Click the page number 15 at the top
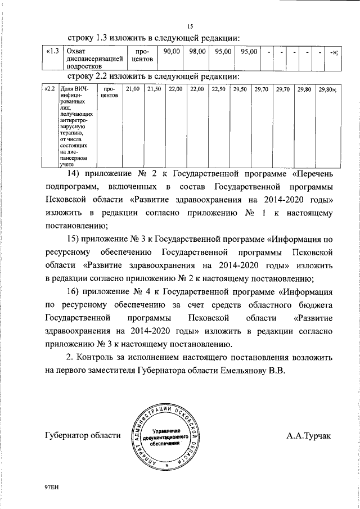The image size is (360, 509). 190,26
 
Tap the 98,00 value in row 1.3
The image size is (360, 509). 197,52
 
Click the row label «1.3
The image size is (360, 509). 52,52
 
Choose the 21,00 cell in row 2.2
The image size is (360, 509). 133,89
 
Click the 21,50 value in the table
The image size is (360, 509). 154,89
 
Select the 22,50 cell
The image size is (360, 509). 218,89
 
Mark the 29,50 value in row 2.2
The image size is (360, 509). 240,89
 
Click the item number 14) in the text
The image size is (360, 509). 75,173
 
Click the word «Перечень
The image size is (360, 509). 313,173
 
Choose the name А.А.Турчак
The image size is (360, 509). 309,435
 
